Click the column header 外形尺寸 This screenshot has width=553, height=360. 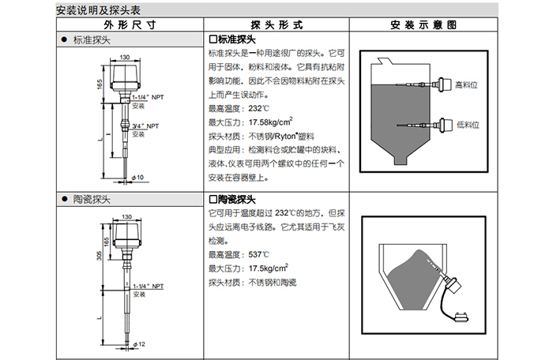(126, 25)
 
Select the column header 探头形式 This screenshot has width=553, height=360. (276, 25)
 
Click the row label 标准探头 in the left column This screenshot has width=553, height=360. (92, 39)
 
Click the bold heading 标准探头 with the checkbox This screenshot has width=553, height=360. (235, 39)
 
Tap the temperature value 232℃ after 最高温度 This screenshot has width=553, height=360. (259, 108)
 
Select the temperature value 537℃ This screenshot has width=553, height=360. (259, 255)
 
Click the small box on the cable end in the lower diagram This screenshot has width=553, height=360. (465, 320)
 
